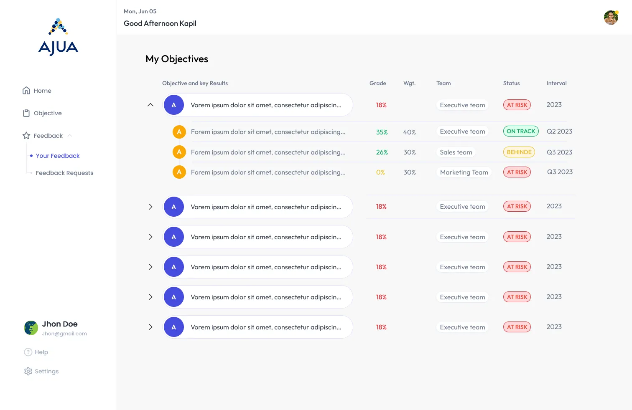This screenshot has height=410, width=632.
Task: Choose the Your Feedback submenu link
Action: click(x=58, y=156)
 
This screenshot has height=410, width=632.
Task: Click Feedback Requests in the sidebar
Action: click(x=64, y=173)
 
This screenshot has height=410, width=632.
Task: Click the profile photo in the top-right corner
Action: click(x=611, y=18)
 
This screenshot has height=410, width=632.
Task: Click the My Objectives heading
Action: click(x=177, y=59)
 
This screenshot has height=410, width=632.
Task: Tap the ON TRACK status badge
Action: click(x=521, y=131)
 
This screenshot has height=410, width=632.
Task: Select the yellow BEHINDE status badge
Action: click(x=519, y=152)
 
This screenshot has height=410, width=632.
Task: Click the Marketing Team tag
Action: click(x=464, y=172)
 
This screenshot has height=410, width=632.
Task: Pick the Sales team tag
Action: click(x=456, y=152)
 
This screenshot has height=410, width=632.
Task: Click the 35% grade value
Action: click(x=382, y=132)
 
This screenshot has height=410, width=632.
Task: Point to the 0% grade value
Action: click(x=380, y=172)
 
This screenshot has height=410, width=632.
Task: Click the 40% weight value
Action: click(x=409, y=132)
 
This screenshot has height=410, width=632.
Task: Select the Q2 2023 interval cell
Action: click(x=559, y=132)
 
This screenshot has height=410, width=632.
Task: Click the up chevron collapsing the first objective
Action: click(x=150, y=105)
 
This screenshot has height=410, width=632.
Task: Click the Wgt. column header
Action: click(x=409, y=84)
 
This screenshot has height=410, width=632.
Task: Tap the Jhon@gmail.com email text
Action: click(x=64, y=334)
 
